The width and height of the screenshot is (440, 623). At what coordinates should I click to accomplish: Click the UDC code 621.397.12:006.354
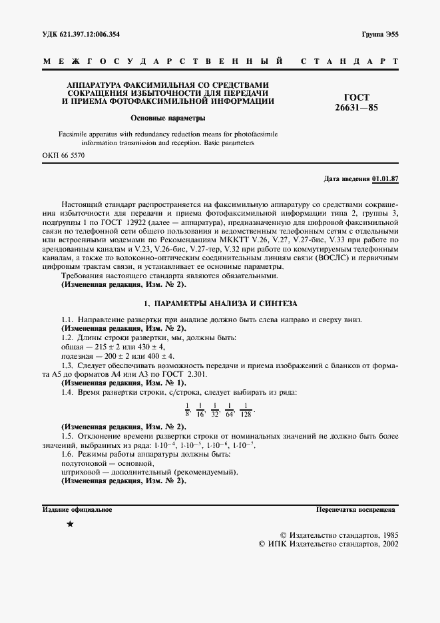[92, 34]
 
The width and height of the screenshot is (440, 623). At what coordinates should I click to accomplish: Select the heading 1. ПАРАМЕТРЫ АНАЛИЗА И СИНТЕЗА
[220, 302]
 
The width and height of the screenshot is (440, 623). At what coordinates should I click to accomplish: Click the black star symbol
[71, 525]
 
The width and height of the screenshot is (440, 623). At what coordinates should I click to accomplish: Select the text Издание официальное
[77, 509]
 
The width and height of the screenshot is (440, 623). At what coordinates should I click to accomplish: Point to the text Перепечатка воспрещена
[355, 509]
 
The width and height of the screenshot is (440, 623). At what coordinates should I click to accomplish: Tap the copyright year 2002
[387, 544]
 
